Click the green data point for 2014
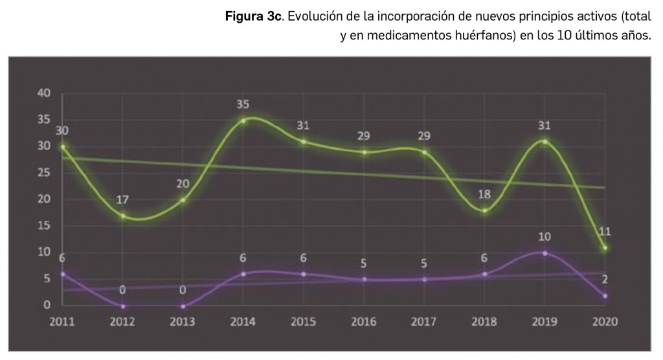click(243, 120)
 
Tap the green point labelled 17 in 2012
click(123, 216)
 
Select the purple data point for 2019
click(545, 253)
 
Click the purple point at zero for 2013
click(183, 306)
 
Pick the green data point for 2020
click(605, 248)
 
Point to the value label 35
click(243, 104)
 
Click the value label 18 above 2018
click(484, 194)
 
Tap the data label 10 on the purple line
click(545, 237)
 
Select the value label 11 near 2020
click(605, 231)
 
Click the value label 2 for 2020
click(605, 280)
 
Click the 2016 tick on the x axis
click(363, 322)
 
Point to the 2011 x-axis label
click(63, 322)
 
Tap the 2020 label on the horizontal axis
click(604, 322)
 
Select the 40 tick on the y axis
click(44, 93)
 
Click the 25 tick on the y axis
click(44, 173)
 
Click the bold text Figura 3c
click(253, 17)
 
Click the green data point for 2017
click(424, 152)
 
